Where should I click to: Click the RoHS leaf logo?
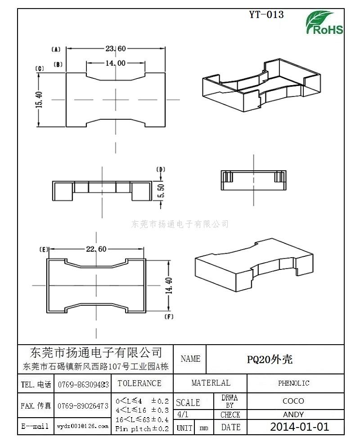click(324, 23)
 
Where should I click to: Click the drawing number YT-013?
click(266, 14)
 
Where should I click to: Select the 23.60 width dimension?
click(116, 49)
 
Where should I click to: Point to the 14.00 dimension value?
click(116, 63)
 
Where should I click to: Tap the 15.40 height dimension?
click(39, 100)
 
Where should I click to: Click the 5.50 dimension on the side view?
click(161, 191)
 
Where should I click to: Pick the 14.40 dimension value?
click(169, 286)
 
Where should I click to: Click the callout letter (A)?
click(56, 50)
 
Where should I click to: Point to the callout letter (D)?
click(161, 170)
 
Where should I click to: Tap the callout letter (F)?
click(169, 317)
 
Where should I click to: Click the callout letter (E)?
click(44, 250)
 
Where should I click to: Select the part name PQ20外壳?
click(270, 360)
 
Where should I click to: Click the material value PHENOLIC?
click(293, 383)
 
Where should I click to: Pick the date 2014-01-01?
click(300, 427)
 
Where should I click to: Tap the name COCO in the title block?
click(293, 401)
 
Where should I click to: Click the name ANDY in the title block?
click(293, 414)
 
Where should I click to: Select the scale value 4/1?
click(182, 414)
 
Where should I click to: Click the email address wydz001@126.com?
click(83, 426)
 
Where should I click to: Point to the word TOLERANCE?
click(139, 383)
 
